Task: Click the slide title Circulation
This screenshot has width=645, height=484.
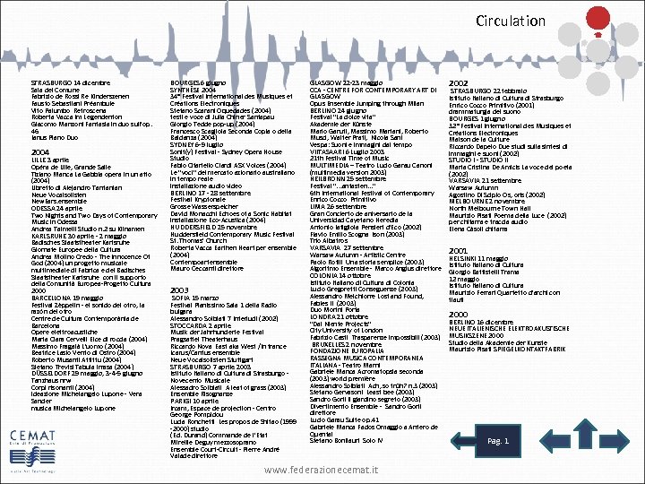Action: (511, 21)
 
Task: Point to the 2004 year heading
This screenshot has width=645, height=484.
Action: (40, 152)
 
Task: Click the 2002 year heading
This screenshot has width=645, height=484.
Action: (460, 83)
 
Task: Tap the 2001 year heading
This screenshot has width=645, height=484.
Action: (458, 250)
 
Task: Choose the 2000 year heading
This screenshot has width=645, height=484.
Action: (458, 314)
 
